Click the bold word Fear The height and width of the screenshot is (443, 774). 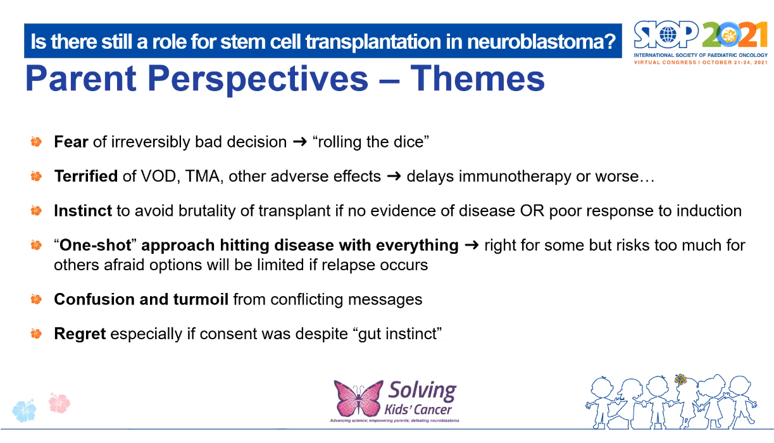(71, 142)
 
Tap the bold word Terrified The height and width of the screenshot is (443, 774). (85, 176)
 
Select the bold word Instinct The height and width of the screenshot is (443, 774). (83, 211)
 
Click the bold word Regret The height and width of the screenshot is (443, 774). (80, 334)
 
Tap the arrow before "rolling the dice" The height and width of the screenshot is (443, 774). (299, 142)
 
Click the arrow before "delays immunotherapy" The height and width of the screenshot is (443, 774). (394, 177)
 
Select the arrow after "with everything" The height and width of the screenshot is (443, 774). (471, 246)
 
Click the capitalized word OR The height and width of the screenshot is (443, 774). (532, 211)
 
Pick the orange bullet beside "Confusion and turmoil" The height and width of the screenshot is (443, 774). (36, 299)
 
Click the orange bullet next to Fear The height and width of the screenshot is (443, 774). (36, 142)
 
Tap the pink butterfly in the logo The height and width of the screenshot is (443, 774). (358, 397)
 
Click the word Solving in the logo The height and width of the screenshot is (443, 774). (422, 390)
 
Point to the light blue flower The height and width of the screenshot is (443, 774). (24, 411)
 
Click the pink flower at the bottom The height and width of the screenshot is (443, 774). (59, 403)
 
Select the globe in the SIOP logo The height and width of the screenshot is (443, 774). (668, 35)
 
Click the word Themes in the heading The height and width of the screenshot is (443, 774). (477, 78)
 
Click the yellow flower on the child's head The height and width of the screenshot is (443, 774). (680, 380)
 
